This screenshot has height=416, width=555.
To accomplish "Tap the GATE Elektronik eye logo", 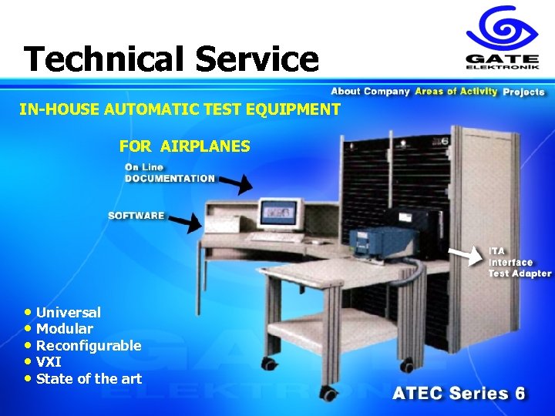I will (x=501, y=28).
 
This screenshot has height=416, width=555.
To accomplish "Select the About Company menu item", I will (x=370, y=92).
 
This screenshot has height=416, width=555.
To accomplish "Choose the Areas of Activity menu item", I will (x=456, y=92).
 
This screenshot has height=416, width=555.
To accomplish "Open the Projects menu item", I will (x=523, y=92).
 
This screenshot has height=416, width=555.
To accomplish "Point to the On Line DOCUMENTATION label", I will (x=170, y=173).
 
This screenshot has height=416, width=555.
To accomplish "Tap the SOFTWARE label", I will (x=136, y=216).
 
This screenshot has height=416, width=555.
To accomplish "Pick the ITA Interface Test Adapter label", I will (x=520, y=262).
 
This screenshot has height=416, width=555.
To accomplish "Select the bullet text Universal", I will (x=68, y=313).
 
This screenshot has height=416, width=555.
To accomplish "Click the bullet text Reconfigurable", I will (x=89, y=346).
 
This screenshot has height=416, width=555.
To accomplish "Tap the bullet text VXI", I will (x=49, y=362).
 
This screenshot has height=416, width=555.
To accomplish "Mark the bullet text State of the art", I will (x=89, y=378).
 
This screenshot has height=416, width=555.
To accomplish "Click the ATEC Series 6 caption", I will (x=459, y=393).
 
